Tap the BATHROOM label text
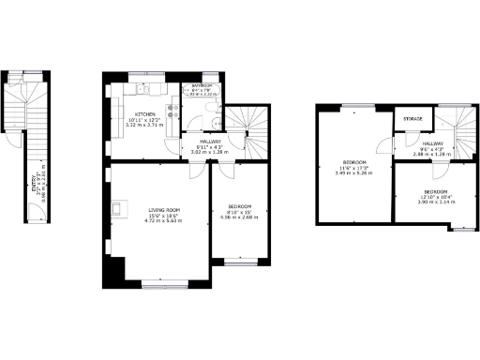click(202, 86)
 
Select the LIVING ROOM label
click(163, 209)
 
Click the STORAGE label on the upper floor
click(413, 120)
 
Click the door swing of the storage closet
click(399, 144)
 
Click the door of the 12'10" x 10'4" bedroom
click(436, 170)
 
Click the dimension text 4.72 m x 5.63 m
click(163, 221)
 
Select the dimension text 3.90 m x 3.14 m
click(435, 202)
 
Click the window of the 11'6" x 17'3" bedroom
click(355, 106)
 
